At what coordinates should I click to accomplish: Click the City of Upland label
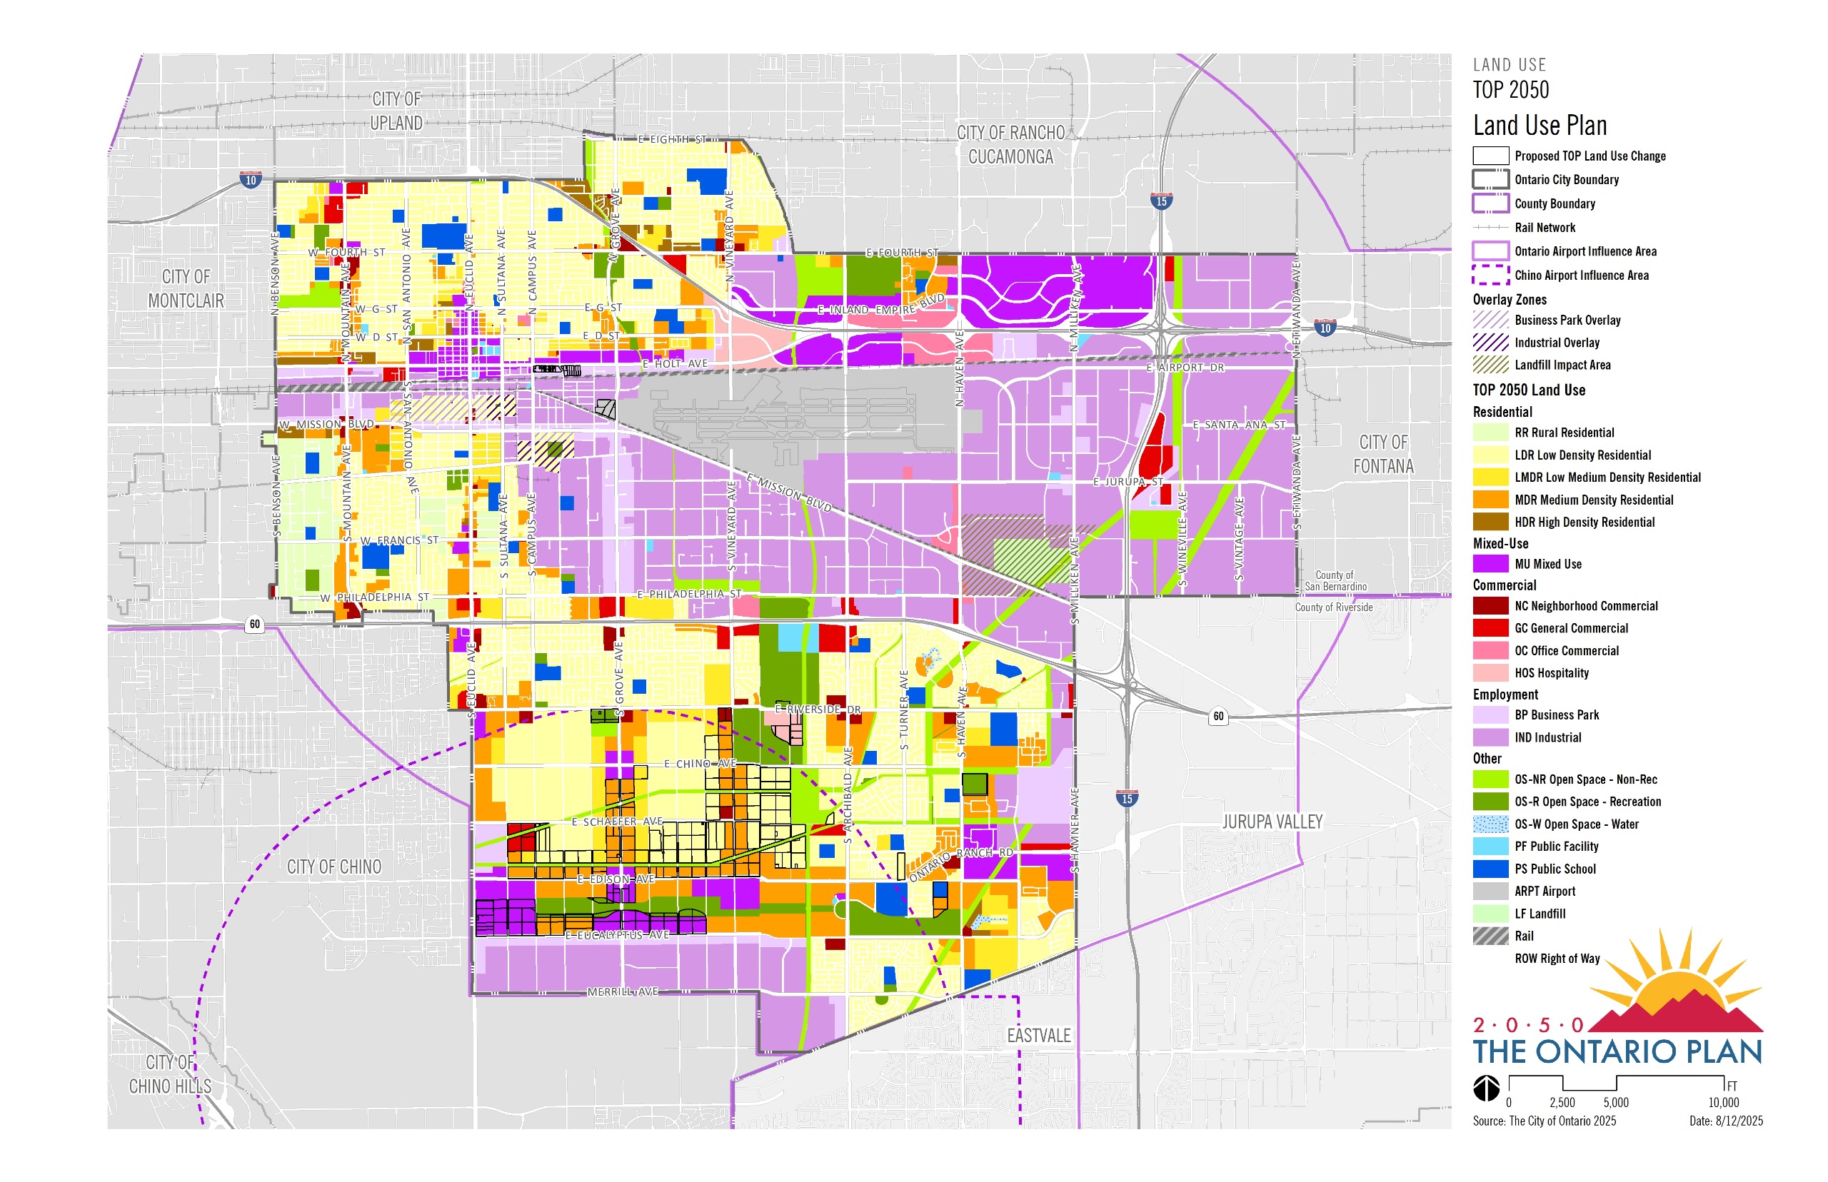point(396,111)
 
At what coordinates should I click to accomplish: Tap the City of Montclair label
point(186,288)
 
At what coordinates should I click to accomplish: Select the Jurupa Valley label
point(1272,822)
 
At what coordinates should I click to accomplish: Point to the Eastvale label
point(1038,1036)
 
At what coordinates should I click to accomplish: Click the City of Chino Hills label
point(171,1074)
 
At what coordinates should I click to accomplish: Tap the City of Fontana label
point(1382,455)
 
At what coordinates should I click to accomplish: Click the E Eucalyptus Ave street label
point(617,935)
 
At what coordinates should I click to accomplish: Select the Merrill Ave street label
point(623,991)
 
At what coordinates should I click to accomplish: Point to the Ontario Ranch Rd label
point(960,863)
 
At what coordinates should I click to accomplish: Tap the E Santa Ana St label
point(1238,425)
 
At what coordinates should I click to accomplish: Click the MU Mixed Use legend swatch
point(1490,564)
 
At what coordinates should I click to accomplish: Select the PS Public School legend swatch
point(1490,869)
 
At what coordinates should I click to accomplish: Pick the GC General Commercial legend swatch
point(1490,628)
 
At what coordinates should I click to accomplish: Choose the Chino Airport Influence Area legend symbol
point(1490,275)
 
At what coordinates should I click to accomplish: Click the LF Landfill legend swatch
point(1490,914)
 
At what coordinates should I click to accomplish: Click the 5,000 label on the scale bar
point(1615,1103)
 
